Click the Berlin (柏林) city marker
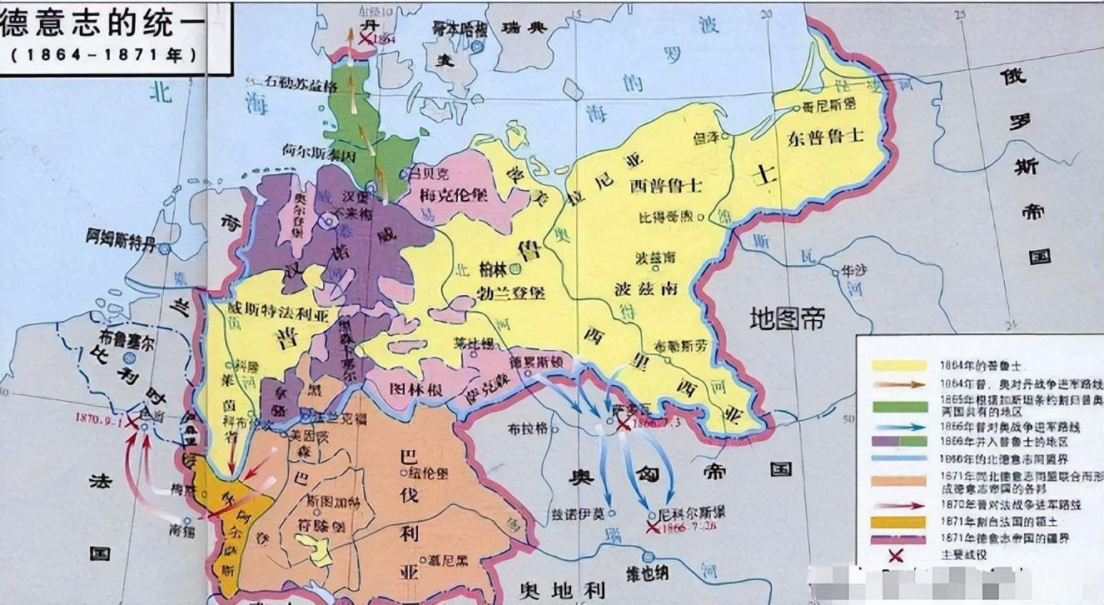tap(515, 268)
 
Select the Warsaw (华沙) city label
tap(853, 271)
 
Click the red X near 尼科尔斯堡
tap(652, 527)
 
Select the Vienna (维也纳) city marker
tap(647, 559)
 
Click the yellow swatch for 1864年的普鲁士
tap(899, 365)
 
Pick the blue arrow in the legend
tap(899, 427)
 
